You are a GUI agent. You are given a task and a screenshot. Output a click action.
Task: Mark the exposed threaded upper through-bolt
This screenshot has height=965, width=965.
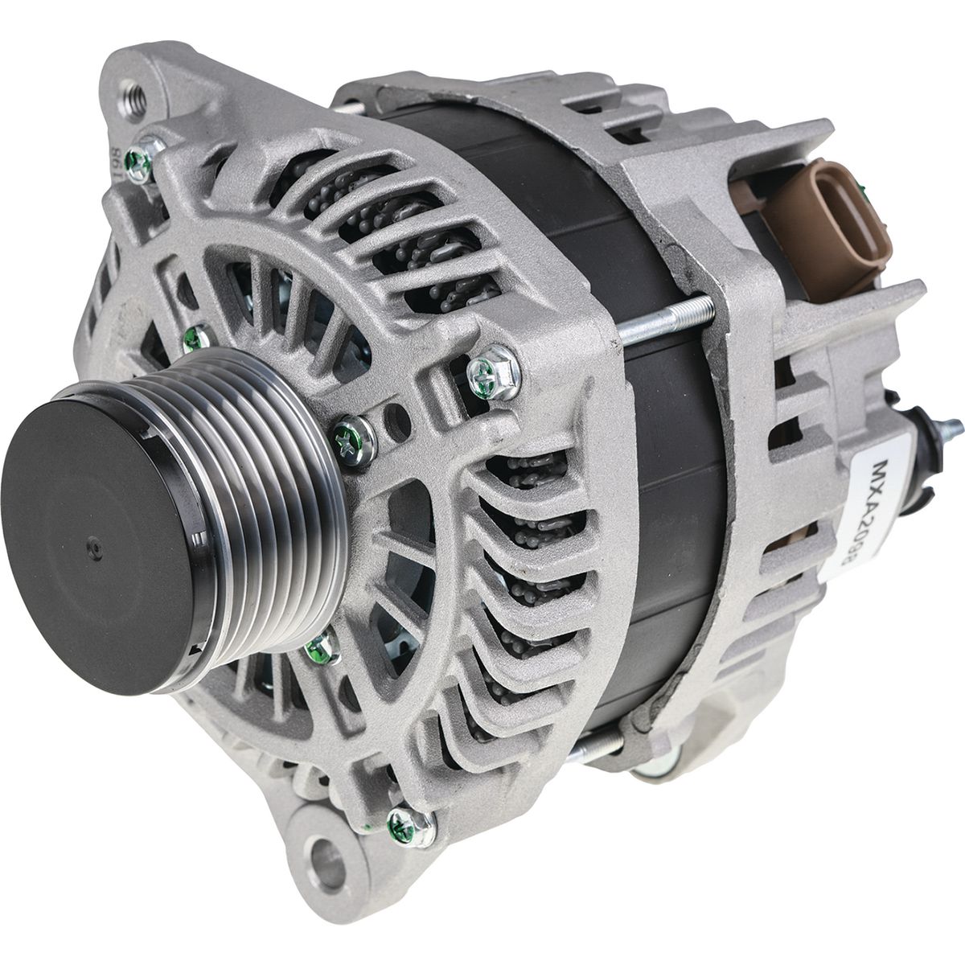coord(667,318)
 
